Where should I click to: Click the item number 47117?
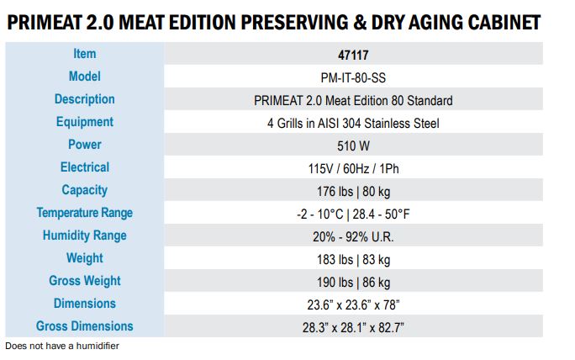point(353,55)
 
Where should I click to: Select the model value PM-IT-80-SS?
point(353,77)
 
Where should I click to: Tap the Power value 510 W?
point(353,146)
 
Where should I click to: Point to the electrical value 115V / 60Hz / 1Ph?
point(353,168)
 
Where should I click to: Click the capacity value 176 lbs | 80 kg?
point(353,191)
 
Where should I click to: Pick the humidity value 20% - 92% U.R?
point(353,236)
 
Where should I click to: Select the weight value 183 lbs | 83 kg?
point(353,259)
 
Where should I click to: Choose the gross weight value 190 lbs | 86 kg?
point(353,282)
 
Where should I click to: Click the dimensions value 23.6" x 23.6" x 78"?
point(353,304)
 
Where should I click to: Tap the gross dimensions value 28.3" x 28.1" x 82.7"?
point(353,327)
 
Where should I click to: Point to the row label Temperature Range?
point(84,213)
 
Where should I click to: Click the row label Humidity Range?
point(84,236)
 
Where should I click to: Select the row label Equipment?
point(84,122)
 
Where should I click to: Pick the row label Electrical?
point(84,167)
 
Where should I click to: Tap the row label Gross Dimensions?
point(84,326)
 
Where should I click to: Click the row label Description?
point(84,99)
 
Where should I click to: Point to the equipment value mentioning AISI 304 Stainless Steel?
point(353,123)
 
